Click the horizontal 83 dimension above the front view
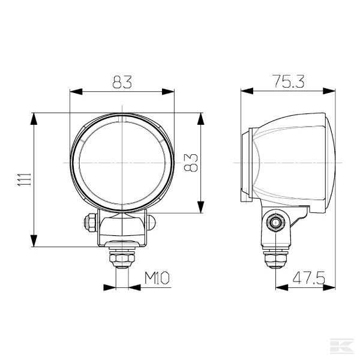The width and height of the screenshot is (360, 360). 122,83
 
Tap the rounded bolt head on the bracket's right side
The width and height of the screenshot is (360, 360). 152,223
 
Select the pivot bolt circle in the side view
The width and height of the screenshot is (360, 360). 275,223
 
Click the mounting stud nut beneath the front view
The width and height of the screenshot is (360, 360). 122,259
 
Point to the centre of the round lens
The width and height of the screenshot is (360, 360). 122,162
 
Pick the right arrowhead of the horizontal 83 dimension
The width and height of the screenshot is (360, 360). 170,92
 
